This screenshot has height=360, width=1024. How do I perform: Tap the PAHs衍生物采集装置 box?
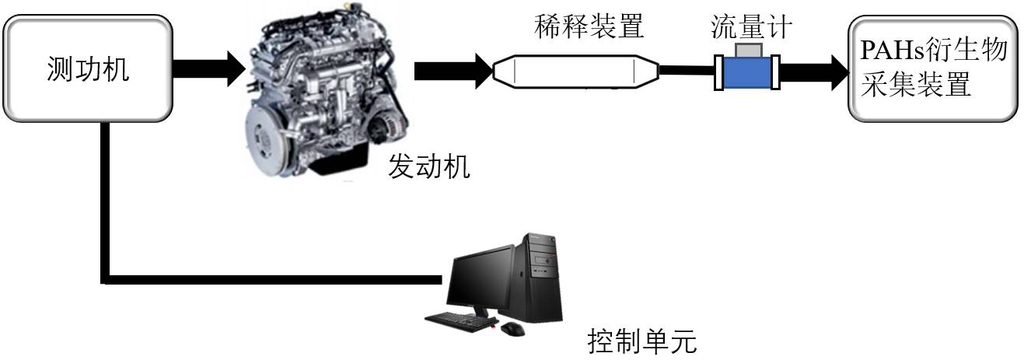(932, 70)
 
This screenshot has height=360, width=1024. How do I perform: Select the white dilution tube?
(576, 72)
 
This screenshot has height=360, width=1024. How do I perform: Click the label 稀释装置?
(589, 27)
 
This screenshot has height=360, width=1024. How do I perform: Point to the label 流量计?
(751, 27)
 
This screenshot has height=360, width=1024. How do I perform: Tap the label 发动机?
(429, 167)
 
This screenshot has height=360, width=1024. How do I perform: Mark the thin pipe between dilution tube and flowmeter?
(687, 72)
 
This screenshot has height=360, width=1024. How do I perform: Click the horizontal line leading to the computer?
(272, 278)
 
